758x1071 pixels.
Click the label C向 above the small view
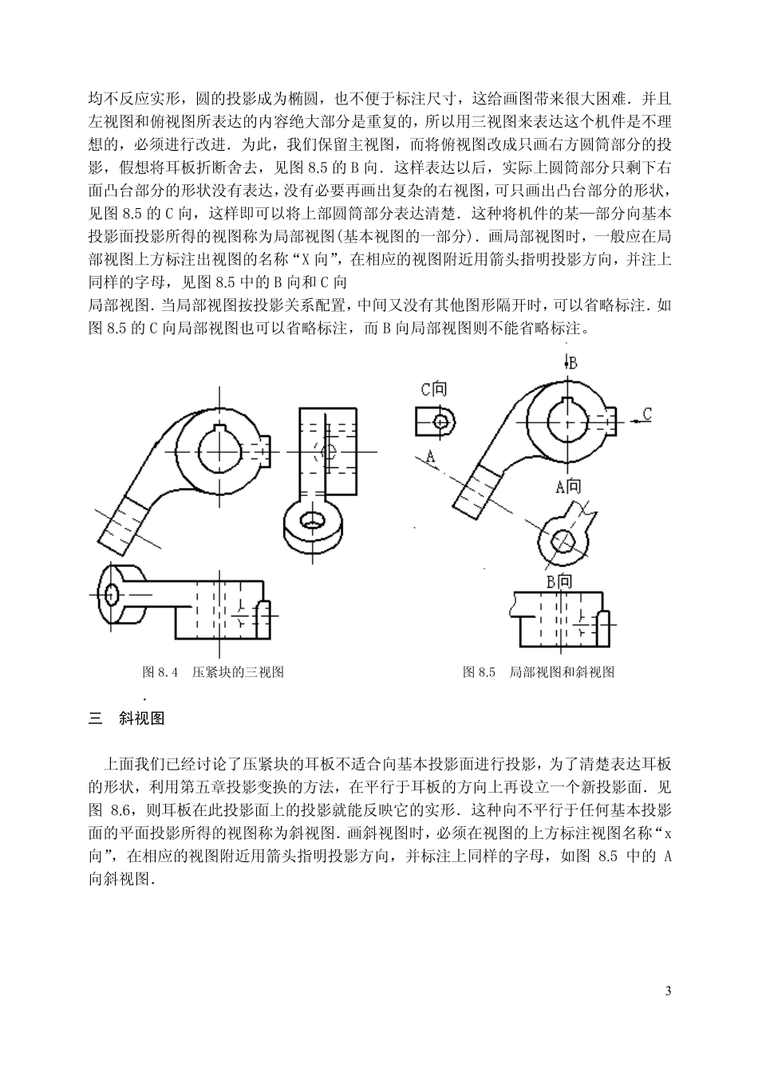pos(434,389)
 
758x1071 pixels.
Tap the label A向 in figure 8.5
pos(569,486)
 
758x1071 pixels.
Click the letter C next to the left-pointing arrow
pos(647,413)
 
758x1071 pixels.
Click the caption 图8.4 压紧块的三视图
pos(212,671)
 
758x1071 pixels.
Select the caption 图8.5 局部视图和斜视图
pos(539,671)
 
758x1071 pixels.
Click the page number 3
pos(668,991)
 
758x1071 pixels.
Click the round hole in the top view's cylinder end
pos(111,593)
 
